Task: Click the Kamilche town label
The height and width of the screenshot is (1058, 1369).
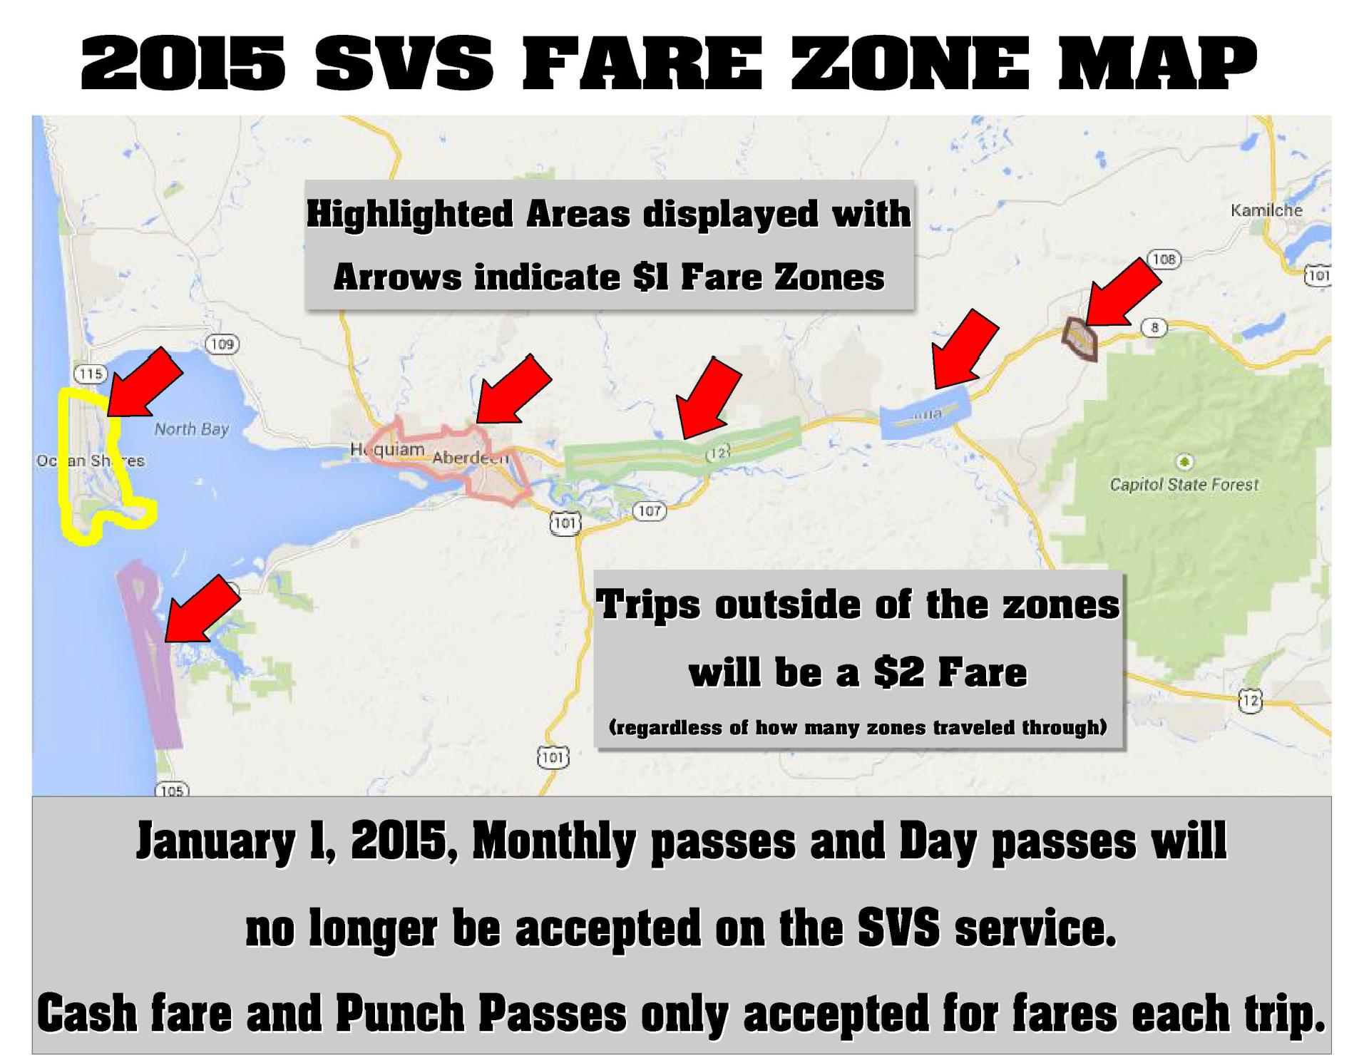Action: point(1266,210)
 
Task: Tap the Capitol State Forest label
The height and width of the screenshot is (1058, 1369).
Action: point(1184,485)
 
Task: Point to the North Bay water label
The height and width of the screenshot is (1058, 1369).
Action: point(192,429)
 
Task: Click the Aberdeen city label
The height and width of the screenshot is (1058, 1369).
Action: point(471,457)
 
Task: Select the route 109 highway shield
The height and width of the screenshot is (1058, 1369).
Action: point(222,344)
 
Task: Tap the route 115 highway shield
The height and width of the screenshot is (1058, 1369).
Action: point(91,374)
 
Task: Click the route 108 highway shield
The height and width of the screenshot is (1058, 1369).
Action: point(1163,259)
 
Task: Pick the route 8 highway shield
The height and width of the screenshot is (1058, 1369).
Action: point(1154,327)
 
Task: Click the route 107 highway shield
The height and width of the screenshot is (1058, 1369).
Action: point(649,510)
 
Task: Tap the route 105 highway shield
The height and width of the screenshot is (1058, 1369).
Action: point(172,791)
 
